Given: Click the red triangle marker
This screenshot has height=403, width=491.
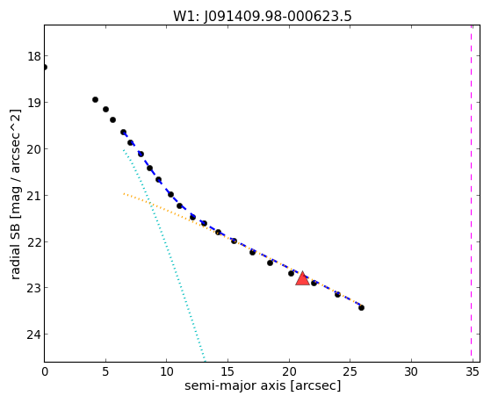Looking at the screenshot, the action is tap(302, 278).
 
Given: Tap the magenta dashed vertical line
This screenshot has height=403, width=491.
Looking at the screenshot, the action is tap(471, 193).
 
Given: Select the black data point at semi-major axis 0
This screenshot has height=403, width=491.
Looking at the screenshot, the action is tap(45, 67).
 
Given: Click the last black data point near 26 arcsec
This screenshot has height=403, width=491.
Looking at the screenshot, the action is tap(361, 308).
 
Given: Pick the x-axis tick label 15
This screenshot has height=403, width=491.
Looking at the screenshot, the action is tap(227, 371).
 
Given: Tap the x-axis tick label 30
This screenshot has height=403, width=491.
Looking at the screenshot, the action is tap(411, 371).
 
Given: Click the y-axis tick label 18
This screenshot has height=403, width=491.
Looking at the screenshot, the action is tap(34, 56).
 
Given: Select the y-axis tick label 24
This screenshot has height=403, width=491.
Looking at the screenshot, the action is tap(34, 335).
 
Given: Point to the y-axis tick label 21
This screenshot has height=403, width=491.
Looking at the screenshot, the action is tap(34, 196).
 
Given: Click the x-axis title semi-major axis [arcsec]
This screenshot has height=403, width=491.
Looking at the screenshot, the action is tap(263, 385).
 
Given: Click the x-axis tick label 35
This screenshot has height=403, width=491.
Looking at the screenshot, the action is tap(473, 371).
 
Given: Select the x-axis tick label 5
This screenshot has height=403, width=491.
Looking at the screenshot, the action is tap(105, 371).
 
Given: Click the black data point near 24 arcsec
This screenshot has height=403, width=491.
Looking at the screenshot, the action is tap(337, 294).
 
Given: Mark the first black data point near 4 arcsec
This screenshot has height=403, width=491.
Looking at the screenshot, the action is tap(95, 99).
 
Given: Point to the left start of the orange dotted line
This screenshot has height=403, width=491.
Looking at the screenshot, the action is tap(124, 194).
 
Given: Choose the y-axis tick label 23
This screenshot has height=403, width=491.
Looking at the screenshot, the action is tap(34, 288).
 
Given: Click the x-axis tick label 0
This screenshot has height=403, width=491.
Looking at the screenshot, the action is tap(45, 371).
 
